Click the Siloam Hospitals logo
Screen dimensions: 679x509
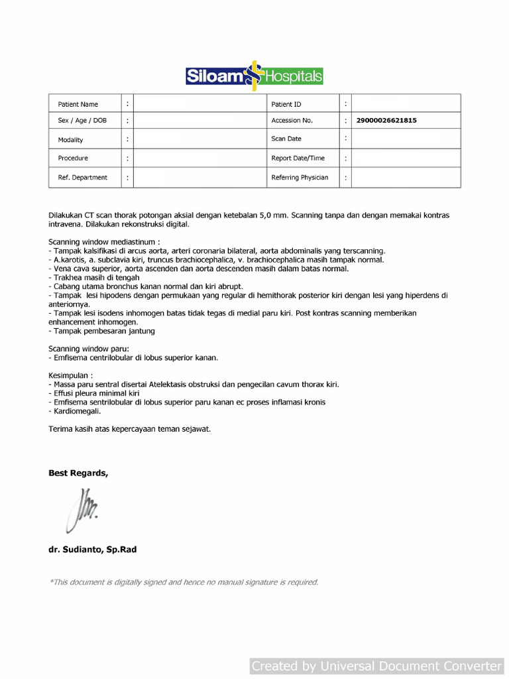pos(254,76)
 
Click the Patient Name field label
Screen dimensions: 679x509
pos(78,104)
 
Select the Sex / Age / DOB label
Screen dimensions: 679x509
pos(82,121)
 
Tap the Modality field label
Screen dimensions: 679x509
pos(70,140)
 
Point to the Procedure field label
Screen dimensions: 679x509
pos(73,158)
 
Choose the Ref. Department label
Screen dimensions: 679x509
pos(83,178)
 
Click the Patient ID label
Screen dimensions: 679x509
pos(286,104)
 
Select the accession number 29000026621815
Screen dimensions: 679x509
pos(386,121)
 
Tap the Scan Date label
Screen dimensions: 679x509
pos(286,139)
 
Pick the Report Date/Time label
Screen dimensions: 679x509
pos(298,158)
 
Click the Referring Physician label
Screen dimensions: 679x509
pos(300,178)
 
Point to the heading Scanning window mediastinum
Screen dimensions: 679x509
pos(104,242)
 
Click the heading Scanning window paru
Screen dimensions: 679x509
pos(89,349)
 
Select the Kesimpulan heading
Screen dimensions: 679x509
pos(70,375)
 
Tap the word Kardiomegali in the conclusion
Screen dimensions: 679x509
pos(73,411)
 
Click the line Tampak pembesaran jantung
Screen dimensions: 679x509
pos(104,331)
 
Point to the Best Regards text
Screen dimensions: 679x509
pos(78,473)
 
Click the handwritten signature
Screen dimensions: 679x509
pos(82,509)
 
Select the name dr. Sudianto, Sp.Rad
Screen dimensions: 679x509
pos(92,549)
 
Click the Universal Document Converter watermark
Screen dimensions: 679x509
pos(376,666)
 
